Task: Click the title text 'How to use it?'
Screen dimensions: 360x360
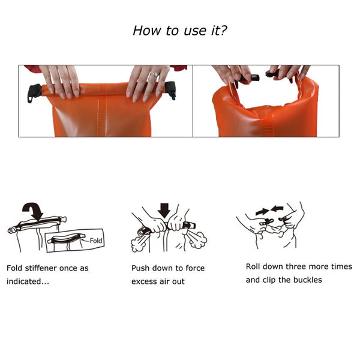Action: (x=180, y=31)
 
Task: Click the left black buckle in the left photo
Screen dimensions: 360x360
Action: (x=35, y=91)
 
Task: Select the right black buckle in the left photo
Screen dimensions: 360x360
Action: (x=171, y=89)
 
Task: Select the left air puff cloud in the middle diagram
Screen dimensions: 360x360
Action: (x=139, y=243)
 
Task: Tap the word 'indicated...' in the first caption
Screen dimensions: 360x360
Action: (x=27, y=281)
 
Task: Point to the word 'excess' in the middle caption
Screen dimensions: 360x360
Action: (x=145, y=281)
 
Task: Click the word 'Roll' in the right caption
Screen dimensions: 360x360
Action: (x=255, y=266)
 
